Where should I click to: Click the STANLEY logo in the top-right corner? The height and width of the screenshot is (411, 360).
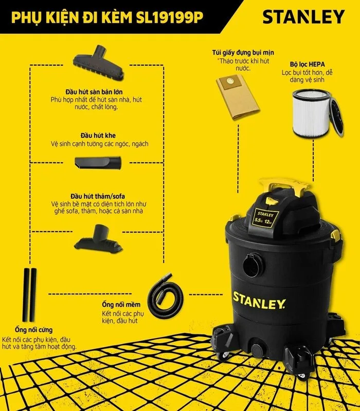tap(303, 17)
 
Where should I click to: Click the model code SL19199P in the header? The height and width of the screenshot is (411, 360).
tap(170, 18)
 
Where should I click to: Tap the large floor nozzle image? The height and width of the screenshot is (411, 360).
tap(98, 63)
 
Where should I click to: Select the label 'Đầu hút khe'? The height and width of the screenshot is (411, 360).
tap(98, 136)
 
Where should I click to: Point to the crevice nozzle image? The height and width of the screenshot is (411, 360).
tap(98, 163)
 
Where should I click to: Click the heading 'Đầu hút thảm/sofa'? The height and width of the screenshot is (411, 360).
tap(98, 196)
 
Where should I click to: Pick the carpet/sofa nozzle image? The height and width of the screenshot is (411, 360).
tap(98, 239)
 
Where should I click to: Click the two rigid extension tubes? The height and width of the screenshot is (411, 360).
tap(29, 295)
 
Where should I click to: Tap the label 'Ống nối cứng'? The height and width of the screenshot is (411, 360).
tap(33, 330)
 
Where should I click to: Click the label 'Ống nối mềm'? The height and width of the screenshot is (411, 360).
tap(121, 305)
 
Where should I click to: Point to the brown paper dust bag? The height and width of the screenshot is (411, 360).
tap(238, 97)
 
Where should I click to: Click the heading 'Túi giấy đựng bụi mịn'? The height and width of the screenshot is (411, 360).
tap(243, 53)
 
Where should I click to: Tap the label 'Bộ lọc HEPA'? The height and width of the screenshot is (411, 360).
tap(307, 64)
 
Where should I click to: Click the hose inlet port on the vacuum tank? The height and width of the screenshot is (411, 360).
tap(253, 265)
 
